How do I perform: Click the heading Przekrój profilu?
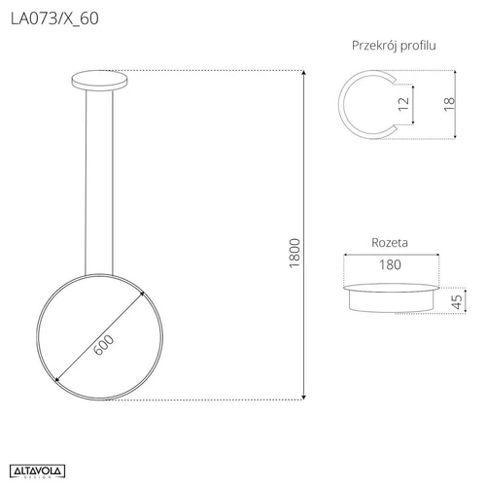point(393,46)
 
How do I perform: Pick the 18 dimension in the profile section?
point(448,104)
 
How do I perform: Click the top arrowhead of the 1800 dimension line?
point(306,74)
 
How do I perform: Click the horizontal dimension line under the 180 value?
point(393,274)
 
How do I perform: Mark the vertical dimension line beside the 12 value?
point(415,104)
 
